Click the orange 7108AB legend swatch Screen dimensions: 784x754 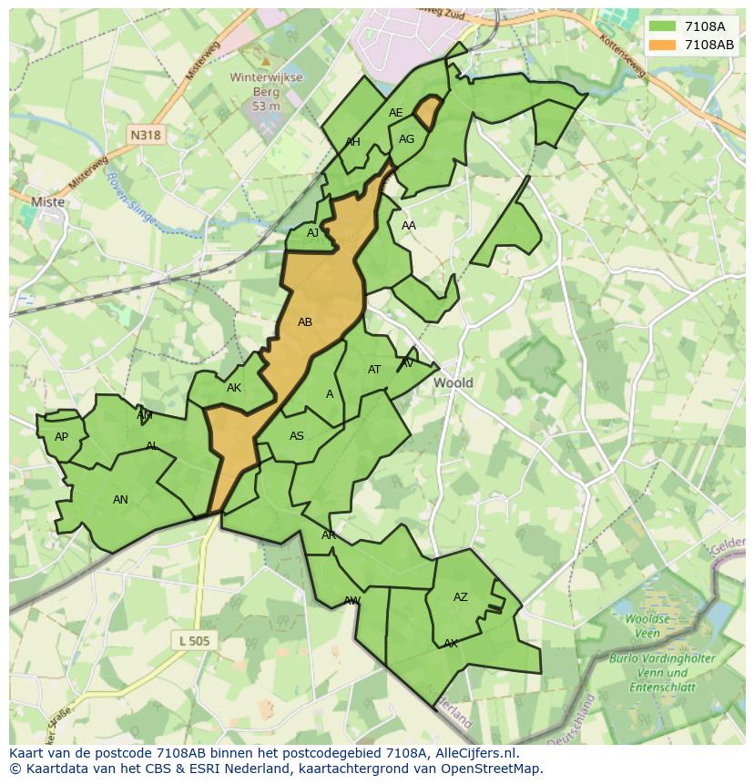(x=662, y=45)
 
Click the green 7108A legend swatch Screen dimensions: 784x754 (x=662, y=26)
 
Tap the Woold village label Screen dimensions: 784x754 (x=453, y=382)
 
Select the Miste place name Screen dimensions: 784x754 (x=47, y=202)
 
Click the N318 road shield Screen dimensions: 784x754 (x=145, y=135)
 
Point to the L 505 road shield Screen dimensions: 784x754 (x=194, y=641)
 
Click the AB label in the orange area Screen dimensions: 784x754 (x=305, y=322)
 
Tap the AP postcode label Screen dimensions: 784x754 (x=61, y=437)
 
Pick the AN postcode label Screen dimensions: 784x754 (x=120, y=499)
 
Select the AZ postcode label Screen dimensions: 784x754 (x=461, y=597)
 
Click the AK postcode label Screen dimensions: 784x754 (x=234, y=388)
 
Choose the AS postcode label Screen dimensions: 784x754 (x=297, y=436)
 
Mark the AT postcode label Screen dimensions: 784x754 (x=374, y=370)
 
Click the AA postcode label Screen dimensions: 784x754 (x=409, y=226)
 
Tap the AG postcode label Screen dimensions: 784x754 (x=407, y=139)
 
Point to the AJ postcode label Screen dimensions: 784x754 (x=312, y=233)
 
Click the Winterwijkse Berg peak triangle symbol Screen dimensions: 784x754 (x=266, y=61)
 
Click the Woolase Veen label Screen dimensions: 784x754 (x=647, y=626)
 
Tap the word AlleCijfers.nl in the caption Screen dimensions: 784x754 (x=475, y=753)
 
